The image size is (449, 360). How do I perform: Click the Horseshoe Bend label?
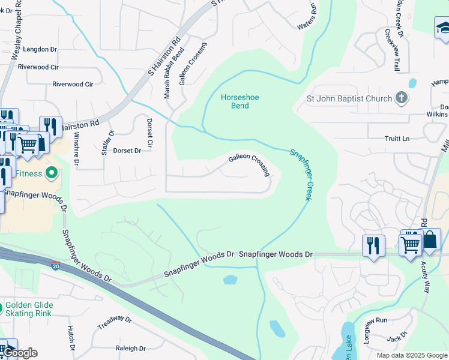pos(235,101)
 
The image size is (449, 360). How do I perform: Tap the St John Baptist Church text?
pos(349,98)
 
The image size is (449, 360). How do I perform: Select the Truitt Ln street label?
pos(397,139)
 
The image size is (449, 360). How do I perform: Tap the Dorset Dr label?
pos(127,151)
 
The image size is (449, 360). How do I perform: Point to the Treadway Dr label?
pos(114,322)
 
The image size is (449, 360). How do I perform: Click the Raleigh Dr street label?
pos(130,348)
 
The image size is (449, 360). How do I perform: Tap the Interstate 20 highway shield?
pos(55,265)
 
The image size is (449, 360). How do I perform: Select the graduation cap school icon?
pos(442,27)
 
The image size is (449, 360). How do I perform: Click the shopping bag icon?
pos(430,241)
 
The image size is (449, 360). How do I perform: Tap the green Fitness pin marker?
pos(51,174)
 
